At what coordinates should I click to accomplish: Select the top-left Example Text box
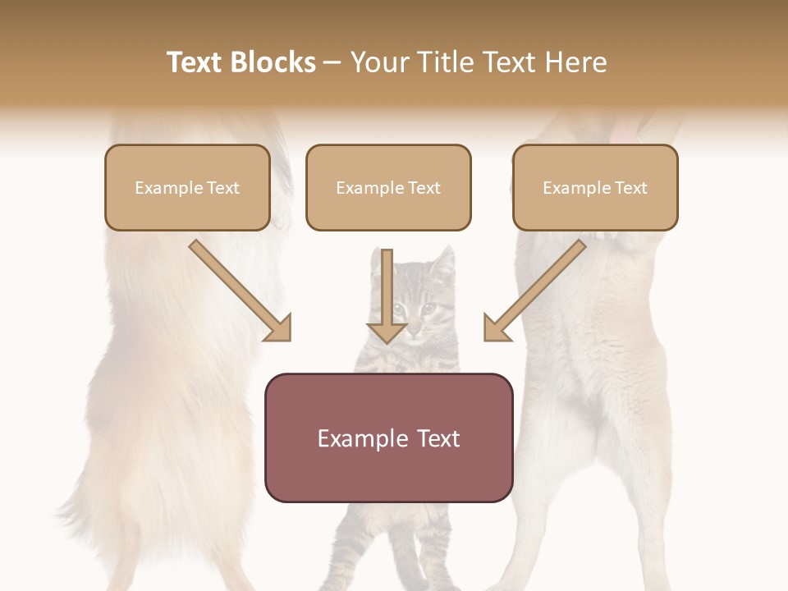pyautogui.click(x=187, y=187)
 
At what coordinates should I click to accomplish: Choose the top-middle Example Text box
pyautogui.click(x=388, y=187)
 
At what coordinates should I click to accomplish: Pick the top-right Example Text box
pyautogui.click(x=595, y=187)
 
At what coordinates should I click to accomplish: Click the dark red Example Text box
pyautogui.click(x=388, y=438)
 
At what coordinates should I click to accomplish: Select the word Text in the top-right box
pyautogui.click(x=630, y=187)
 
